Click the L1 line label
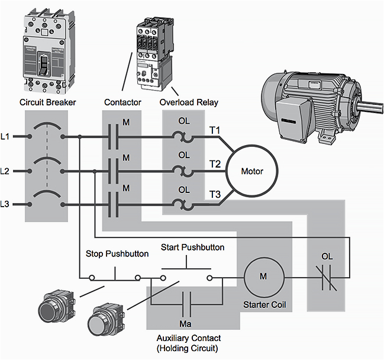pos(5,137)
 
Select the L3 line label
pos(5,204)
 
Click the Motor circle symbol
pos(251,171)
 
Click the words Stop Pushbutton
pos(117,254)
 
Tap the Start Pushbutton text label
pos(192,247)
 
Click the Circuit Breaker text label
pos(47,102)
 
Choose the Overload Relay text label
pos(189,102)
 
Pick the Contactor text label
pos(122,102)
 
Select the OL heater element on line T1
pos(184,137)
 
